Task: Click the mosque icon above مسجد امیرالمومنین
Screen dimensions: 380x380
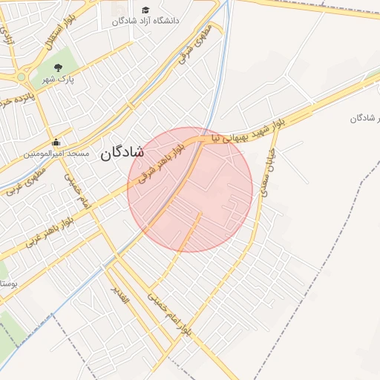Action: click(56, 143)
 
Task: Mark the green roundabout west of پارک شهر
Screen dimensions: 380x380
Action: click(21, 76)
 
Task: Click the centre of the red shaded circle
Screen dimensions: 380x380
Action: click(190, 189)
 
